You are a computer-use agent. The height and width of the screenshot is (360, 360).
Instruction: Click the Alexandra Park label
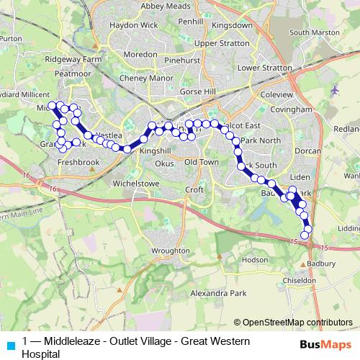tap(218, 294)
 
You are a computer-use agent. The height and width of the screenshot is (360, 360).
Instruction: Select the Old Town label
tap(201, 163)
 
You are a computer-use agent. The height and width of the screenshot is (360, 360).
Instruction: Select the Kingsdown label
tap(233, 24)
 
